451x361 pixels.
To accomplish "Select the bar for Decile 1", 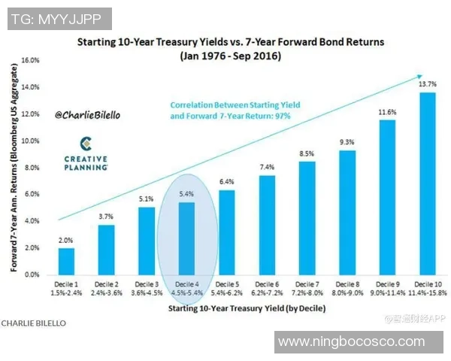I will pos(66,261).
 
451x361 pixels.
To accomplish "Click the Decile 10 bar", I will pos(426,184).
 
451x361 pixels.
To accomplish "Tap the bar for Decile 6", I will pos(266,225).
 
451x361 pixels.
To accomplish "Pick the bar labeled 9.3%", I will pos(347,212).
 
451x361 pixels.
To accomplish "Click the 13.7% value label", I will pos(426,85).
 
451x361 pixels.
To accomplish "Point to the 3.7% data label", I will pos(106,217).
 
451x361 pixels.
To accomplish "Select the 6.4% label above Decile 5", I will pos(226,182).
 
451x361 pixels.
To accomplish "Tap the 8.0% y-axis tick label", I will pos(30,168).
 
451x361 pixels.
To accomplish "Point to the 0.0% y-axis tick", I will pos(30,275).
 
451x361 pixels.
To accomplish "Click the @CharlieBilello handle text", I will pos(87,117).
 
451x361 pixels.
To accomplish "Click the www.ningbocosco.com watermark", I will pos(350,341).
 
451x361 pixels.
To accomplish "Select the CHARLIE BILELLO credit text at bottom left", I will pos(33,323).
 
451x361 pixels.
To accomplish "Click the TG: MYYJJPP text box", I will pos(56,18).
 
